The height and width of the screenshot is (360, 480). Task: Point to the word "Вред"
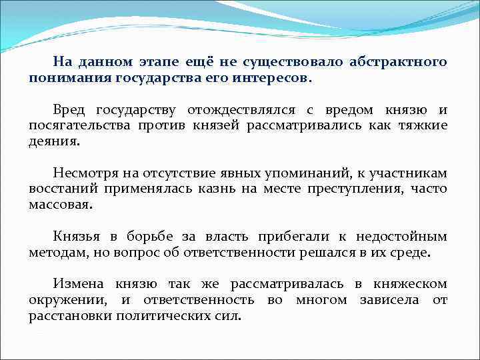pos(70,110)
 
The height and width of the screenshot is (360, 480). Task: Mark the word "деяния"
pos(53,142)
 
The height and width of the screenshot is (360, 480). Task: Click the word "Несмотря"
pos(83,173)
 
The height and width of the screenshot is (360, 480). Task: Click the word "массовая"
pos(59,205)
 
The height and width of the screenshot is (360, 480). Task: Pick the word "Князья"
pos(77,237)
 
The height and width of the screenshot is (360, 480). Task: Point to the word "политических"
pos(161,316)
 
